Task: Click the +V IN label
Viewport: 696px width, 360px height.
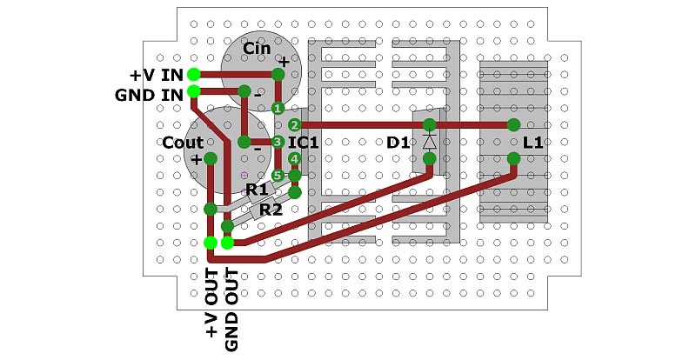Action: click(x=157, y=75)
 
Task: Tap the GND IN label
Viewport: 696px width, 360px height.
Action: click(x=149, y=95)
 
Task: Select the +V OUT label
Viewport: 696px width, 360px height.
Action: click(x=212, y=303)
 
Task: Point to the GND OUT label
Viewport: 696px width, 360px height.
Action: click(x=231, y=310)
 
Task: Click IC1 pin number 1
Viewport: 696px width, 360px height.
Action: click(x=278, y=108)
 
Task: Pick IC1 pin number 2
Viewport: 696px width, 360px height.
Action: click(x=294, y=125)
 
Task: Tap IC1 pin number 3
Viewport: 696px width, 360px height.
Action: click(x=278, y=142)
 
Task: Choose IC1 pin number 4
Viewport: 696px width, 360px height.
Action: click(x=294, y=158)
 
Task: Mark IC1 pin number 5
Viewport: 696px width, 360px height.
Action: click(x=278, y=176)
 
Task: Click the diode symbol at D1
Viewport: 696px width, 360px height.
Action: click(x=429, y=142)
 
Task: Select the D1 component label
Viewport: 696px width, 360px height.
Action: click(x=398, y=143)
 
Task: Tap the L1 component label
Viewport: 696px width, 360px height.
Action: click(x=532, y=143)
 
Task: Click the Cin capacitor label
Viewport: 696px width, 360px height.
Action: click(x=257, y=48)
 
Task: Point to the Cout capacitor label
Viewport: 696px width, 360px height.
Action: click(x=183, y=143)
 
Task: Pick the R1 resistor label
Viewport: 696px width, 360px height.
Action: click(x=257, y=190)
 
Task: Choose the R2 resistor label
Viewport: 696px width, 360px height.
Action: click(x=271, y=209)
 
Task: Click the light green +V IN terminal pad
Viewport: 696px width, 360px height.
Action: click(x=193, y=75)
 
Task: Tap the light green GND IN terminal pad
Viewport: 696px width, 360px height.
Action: click(x=193, y=91)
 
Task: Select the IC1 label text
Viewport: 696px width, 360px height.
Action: click(x=304, y=143)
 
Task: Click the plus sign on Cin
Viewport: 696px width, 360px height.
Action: click(x=284, y=62)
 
